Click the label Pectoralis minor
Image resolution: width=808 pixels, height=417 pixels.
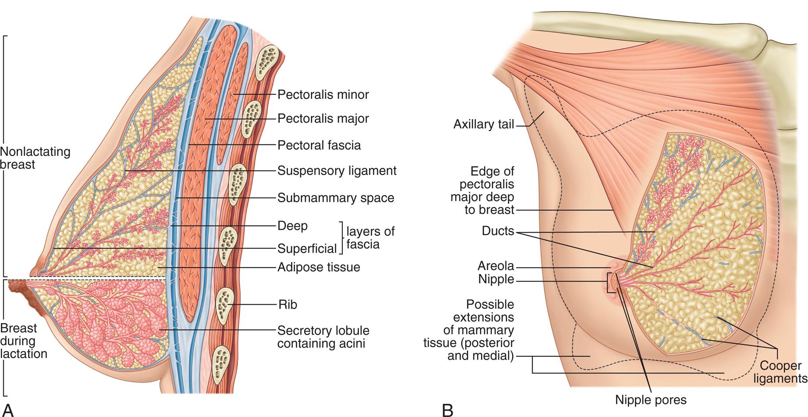click(323, 94)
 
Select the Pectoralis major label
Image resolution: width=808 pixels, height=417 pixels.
click(323, 119)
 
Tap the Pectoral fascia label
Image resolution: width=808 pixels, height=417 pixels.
click(319, 145)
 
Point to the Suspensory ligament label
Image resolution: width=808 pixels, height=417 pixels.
click(337, 171)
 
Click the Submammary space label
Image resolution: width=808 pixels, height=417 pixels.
click(336, 198)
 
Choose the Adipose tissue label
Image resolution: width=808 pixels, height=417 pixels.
click(319, 267)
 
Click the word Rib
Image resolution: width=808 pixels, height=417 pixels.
click(288, 304)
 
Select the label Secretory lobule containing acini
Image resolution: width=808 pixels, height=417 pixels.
click(323, 337)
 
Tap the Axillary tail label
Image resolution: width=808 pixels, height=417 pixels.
click(484, 125)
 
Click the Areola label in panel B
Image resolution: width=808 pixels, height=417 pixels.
click(496, 266)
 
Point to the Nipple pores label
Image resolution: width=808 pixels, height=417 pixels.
click(651, 400)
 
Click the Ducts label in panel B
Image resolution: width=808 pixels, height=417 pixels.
click(498, 231)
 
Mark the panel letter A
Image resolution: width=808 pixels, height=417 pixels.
click(8, 410)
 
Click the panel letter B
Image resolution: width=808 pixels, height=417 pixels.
click(447, 410)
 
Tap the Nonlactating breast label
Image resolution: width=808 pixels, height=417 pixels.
click(35, 158)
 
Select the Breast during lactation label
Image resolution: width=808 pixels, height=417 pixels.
click(24, 341)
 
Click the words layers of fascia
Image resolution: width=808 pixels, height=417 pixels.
click(370, 237)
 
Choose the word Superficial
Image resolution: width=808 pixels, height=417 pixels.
click(307, 249)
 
